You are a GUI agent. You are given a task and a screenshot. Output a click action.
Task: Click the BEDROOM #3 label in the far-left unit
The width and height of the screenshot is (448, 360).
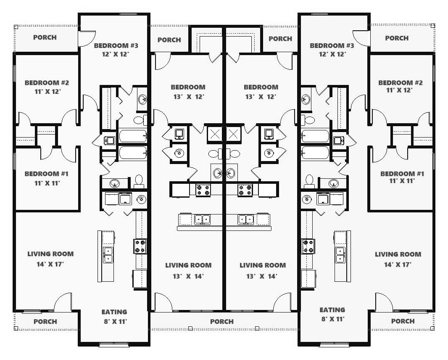pos(116,45)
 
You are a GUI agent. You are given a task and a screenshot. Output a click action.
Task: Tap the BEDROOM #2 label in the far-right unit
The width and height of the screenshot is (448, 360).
pos(400,82)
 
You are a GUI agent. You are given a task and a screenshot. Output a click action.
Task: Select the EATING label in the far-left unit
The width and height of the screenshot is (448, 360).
pos(114,312)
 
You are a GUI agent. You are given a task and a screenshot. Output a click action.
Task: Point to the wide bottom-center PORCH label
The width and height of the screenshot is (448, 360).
pos(222,321)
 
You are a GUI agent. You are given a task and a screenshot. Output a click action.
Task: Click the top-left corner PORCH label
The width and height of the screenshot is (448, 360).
pos(45,37)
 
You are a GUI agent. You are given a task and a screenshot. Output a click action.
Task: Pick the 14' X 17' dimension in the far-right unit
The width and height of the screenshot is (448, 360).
pos(398,265)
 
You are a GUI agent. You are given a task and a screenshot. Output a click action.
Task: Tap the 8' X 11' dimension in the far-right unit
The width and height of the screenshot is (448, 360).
pos(332,319)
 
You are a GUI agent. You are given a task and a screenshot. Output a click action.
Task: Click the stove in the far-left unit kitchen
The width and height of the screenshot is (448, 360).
pos(140,246)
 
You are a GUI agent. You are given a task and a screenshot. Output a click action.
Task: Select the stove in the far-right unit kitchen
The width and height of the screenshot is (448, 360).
pos(308,246)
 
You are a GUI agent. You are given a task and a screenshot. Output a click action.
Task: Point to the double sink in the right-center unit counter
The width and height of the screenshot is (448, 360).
pos(246,220)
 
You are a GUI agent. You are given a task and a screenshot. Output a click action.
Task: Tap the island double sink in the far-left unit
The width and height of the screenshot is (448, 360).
pos(108,255)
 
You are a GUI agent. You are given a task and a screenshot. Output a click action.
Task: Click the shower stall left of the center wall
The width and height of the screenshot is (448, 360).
pos(215,133)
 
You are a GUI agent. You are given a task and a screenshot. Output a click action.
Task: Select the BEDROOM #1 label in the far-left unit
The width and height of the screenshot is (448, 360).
pos(47,174)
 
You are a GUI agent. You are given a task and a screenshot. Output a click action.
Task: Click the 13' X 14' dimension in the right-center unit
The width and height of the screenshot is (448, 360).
pos(262,276)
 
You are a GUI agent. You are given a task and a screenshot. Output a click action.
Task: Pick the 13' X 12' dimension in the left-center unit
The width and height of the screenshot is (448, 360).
pos(189,97)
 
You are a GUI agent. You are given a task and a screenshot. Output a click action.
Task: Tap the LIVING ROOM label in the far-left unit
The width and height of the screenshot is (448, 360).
pos(50,254)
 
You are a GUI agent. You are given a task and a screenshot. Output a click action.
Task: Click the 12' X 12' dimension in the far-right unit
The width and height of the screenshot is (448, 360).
pos(332,54)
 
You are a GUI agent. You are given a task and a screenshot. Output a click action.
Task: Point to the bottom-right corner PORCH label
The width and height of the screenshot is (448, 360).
pos(403,321)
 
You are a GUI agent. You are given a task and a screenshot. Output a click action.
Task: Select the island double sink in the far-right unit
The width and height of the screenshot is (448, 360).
pos(340,255)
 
